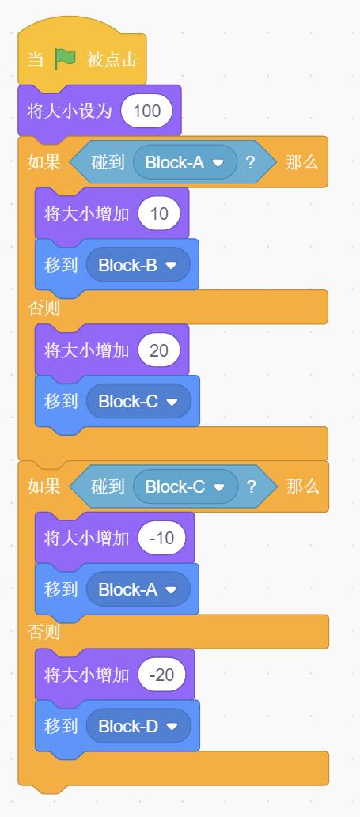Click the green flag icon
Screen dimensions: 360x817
(66, 59)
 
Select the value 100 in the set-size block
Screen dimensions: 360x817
(146, 111)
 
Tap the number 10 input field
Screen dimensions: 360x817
(159, 214)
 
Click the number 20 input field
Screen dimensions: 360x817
(159, 350)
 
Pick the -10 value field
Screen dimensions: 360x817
(161, 539)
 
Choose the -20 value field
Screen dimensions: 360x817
(161, 675)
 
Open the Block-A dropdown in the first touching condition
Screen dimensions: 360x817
(185, 163)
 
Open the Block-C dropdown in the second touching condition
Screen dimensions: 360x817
(185, 486)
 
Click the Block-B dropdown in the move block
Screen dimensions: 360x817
(138, 265)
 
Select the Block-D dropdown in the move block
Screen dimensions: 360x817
(138, 726)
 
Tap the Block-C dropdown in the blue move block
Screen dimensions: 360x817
(138, 401)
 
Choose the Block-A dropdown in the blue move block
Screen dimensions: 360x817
(138, 589)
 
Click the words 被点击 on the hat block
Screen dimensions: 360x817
(112, 59)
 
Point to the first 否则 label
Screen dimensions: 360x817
(44, 308)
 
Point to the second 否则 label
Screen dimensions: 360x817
(44, 632)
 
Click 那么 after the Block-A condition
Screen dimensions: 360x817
(301, 163)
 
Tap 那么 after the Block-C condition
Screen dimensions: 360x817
(303, 486)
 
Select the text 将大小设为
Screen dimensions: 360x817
(70, 111)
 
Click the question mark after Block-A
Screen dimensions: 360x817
(250, 163)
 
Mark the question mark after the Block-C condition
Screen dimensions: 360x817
(251, 486)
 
